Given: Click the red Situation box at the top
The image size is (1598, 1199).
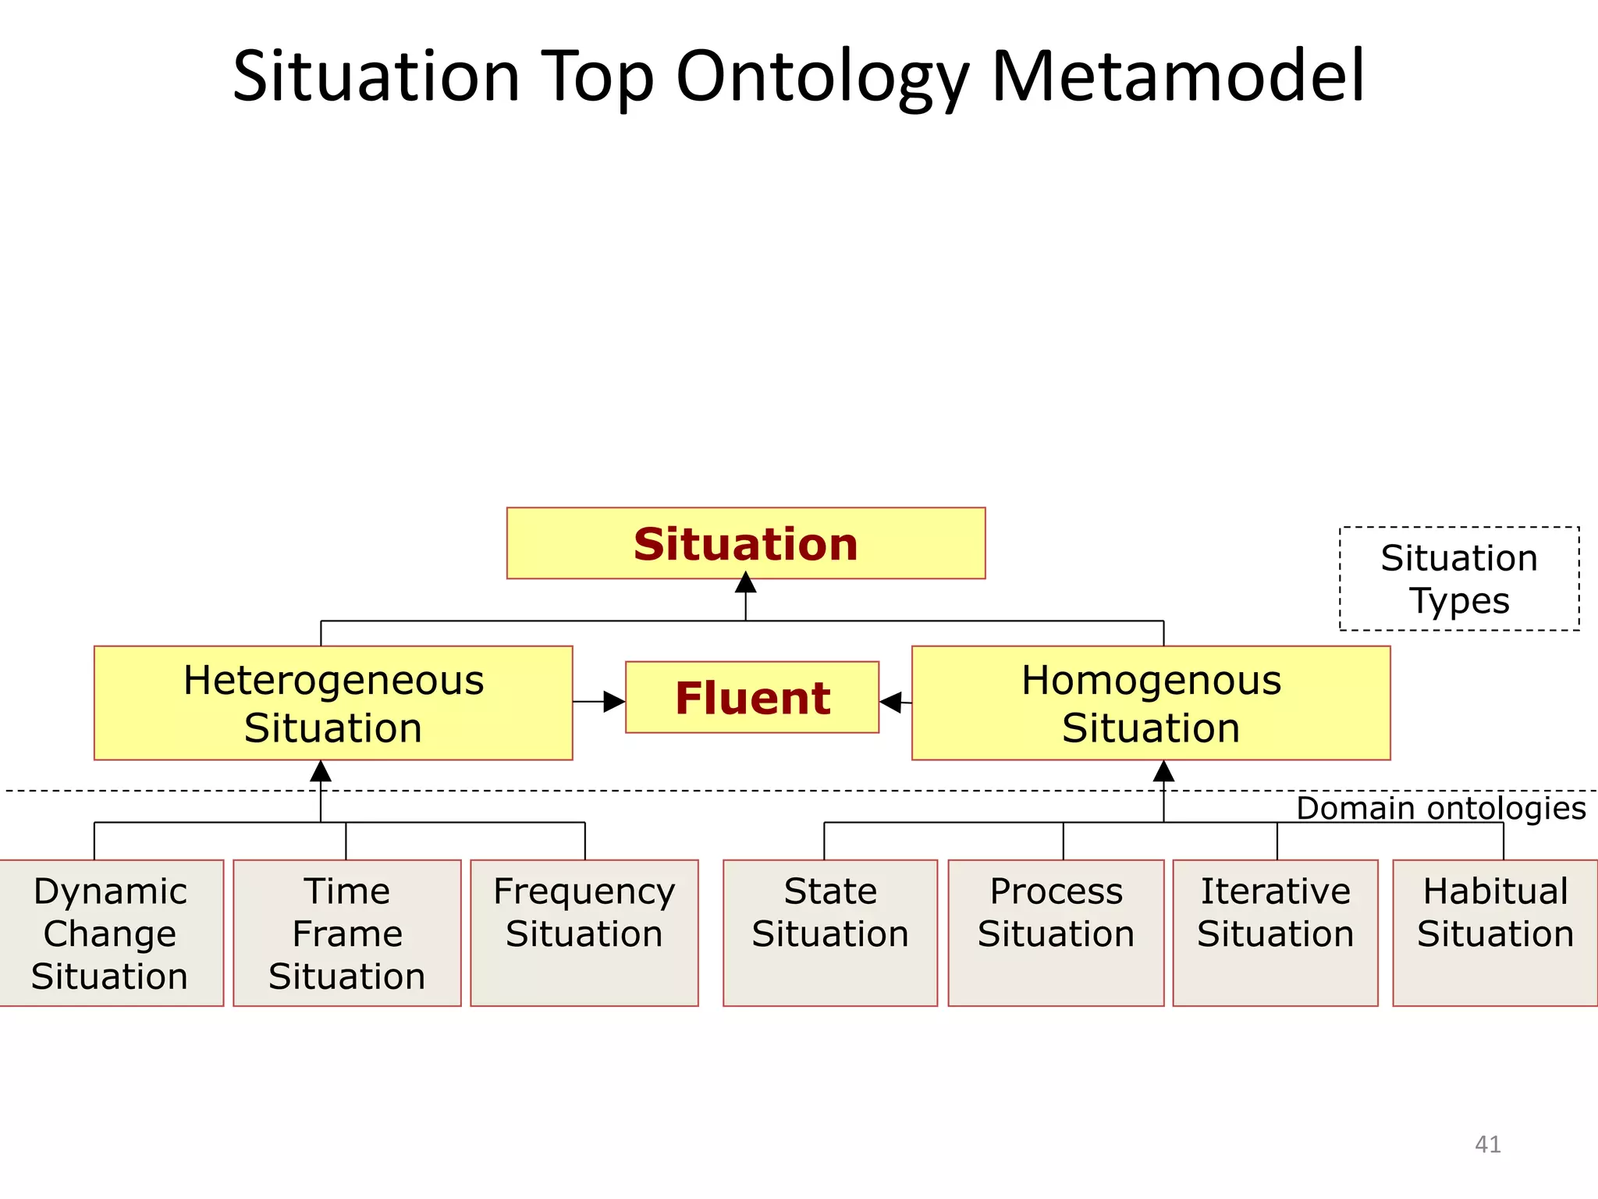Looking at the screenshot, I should [x=745, y=543].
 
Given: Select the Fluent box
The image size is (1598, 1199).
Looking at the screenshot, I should [x=751, y=697].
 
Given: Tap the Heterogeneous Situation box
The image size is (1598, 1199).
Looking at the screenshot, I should [x=333, y=703].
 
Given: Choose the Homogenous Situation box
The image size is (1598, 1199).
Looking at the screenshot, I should [x=1151, y=703].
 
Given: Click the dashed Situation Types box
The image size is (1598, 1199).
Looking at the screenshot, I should [x=1459, y=578].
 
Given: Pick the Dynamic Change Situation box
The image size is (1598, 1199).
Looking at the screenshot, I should [x=110, y=933].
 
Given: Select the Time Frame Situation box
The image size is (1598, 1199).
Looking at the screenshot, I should [x=346, y=933].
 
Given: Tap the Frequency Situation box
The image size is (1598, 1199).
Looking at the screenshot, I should [x=584, y=933].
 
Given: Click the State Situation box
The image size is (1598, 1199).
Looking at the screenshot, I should [x=830, y=933].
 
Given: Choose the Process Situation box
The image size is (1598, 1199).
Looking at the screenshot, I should [x=1056, y=933].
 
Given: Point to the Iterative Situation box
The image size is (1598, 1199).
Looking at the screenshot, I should [x=1275, y=933].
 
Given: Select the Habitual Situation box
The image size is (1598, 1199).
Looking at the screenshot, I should [x=1495, y=933].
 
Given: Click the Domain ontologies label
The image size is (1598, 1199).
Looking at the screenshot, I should [x=1440, y=809].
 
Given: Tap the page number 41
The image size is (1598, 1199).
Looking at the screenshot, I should [x=1487, y=1144].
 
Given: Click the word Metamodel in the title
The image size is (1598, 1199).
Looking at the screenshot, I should [x=1177, y=76].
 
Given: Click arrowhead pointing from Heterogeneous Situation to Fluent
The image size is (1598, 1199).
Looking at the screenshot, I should [x=615, y=702].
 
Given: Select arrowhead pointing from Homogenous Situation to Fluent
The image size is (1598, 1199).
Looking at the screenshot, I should [x=890, y=702].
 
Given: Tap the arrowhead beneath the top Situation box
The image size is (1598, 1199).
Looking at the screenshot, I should [x=745, y=583].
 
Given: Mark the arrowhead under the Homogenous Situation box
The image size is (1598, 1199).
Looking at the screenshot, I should [x=1163, y=771].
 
